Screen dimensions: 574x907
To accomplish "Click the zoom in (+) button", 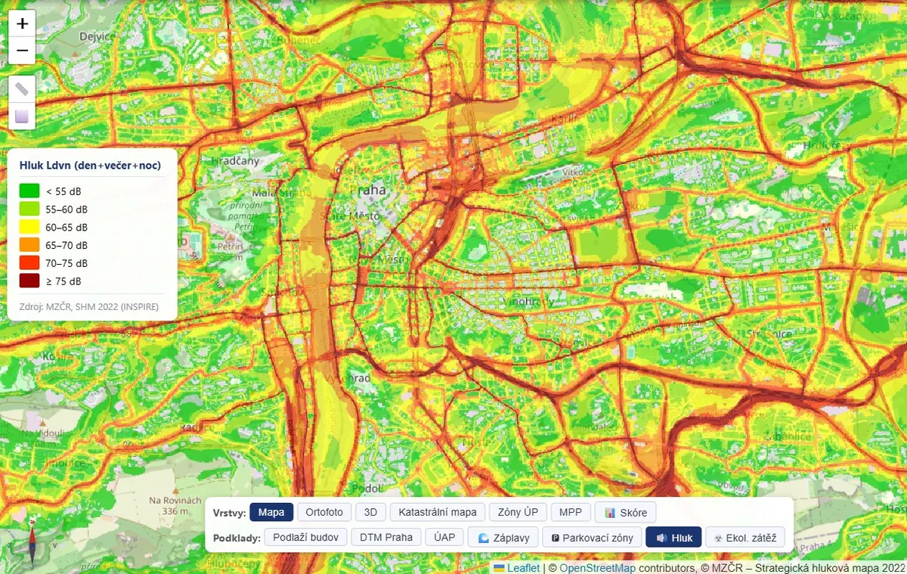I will [x=22, y=24].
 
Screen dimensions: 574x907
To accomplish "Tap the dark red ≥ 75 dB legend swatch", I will [x=29, y=281].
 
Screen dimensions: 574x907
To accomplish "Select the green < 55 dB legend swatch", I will [x=29, y=191].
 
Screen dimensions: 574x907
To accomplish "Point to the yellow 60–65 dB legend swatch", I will [x=29, y=227].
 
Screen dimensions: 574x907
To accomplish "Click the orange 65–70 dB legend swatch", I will [x=29, y=245].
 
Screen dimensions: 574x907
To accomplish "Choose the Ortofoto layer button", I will [x=324, y=512].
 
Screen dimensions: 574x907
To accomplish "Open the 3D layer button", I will [x=370, y=512].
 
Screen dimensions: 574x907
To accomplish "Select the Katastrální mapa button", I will [x=438, y=512].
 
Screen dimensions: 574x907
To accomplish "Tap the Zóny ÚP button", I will [x=518, y=512].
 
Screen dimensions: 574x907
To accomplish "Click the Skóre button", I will [x=626, y=512].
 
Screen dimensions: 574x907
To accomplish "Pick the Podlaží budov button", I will [x=306, y=537].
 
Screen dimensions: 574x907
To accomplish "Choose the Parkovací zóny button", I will [x=592, y=538].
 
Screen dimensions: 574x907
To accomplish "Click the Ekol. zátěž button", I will [x=744, y=538].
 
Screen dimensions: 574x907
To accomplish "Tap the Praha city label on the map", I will [x=373, y=190].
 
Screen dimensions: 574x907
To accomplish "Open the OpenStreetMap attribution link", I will [x=596, y=568].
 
